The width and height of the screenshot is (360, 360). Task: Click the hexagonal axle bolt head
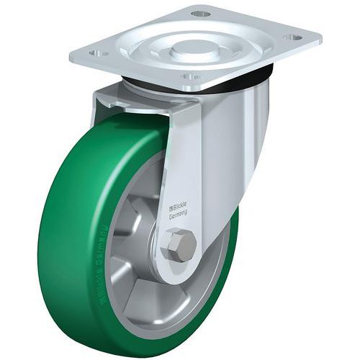pyautogui.click(x=177, y=246)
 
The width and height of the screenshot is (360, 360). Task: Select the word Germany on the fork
pyautogui.click(x=179, y=214)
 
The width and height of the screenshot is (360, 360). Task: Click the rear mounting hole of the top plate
pyautogui.click(x=202, y=14)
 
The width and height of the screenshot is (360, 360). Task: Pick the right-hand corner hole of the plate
pyautogui.click(x=292, y=37)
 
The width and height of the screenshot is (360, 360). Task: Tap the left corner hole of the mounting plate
pyautogui.click(x=98, y=53)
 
